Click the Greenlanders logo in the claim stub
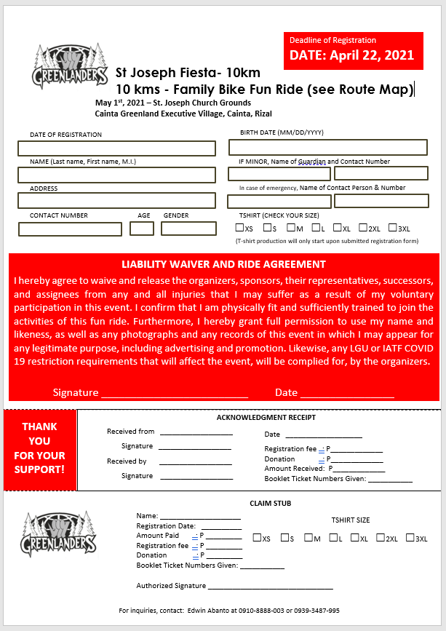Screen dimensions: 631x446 point(59,533)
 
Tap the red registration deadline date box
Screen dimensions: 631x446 point(352,50)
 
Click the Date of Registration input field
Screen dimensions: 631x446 point(117,148)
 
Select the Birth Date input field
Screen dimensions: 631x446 point(327,148)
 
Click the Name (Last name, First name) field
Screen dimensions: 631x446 point(117,175)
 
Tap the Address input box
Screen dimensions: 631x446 point(117,201)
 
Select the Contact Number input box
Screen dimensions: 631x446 point(71,229)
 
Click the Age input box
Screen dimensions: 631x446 point(142,229)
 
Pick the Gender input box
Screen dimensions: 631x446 point(188,229)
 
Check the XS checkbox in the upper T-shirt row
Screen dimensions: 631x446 point(239,228)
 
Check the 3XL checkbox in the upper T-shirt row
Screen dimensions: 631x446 point(393,228)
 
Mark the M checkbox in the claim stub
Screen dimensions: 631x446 point(308,538)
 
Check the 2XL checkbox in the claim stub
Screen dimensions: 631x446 point(381,538)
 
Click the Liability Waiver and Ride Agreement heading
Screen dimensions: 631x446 point(223,264)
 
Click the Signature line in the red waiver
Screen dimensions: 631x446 point(175,393)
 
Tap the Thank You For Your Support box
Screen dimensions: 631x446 point(39,448)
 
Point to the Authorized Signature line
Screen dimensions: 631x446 point(270,586)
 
